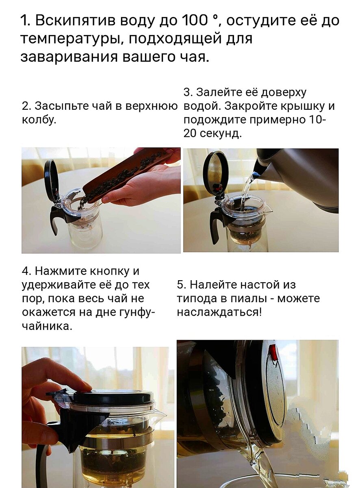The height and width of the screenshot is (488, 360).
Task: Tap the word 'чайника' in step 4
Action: tap(46, 326)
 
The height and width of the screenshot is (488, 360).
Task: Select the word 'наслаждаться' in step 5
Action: tap(219, 312)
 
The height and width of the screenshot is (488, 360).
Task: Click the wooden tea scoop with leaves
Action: tap(126, 175)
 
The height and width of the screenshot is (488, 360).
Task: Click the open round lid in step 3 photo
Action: tap(215, 173)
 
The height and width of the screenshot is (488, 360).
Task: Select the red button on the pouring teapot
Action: tap(274, 353)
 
